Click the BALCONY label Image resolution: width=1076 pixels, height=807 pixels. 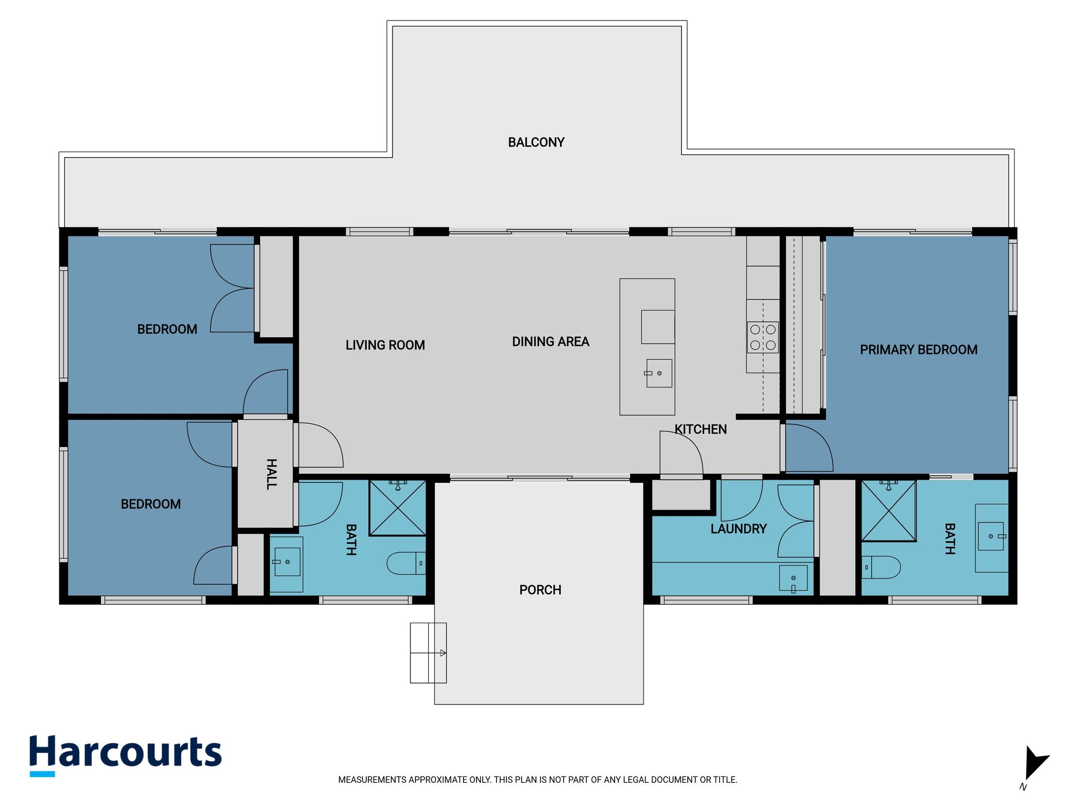(x=536, y=142)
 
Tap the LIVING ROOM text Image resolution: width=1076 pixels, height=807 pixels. (x=385, y=345)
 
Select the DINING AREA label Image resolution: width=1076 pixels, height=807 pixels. (x=551, y=342)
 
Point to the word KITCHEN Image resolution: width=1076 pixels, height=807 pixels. (x=701, y=429)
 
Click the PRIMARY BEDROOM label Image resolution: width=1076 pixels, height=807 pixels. (x=918, y=349)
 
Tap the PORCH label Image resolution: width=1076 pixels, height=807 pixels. (x=540, y=590)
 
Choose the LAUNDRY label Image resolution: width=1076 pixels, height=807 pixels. (x=739, y=529)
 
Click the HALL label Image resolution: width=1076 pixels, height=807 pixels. (x=271, y=474)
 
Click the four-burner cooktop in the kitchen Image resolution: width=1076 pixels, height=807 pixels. (x=763, y=337)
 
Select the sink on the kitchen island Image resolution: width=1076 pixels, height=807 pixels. (x=659, y=373)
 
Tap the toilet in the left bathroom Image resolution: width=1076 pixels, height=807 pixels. (x=406, y=563)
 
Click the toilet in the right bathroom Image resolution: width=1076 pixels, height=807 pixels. (x=881, y=567)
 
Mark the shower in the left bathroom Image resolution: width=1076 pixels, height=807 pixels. (x=397, y=508)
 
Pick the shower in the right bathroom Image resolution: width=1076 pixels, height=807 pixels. (x=889, y=511)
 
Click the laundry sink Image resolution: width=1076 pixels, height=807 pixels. (x=793, y=580)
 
